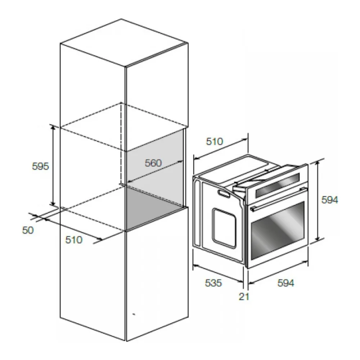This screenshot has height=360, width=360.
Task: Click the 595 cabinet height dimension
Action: [40, 166]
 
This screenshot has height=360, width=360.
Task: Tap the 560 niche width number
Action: [153, 163]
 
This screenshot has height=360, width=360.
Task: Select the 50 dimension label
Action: [28, 230]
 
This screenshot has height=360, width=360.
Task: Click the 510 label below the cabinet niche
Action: [74, 240]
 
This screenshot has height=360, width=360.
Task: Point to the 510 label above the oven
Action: [215, 141]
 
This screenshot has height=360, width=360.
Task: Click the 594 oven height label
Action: [330, 200]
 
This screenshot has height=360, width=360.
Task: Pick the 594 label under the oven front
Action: [285, 283]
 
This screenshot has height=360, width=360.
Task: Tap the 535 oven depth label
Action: [213, 283]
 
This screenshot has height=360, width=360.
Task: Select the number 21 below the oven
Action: [244, 297]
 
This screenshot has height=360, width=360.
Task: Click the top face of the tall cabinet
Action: [124, 43]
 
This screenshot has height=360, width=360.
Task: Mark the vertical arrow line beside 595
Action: [53, 165]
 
